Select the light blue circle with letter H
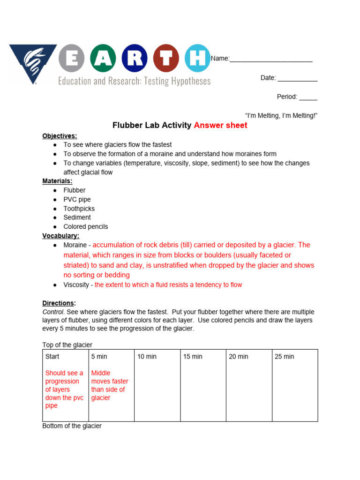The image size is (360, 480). [x=197, y=58]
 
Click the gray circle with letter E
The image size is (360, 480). [x=71, y=58]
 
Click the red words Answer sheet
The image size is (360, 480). [x=220, y=125]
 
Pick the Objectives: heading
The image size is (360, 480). [x=60, y=136]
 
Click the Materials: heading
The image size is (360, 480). [x=57, y=181]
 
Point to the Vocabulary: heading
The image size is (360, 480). [x=61, y=236]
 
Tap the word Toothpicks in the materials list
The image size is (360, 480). [x=79, y=209]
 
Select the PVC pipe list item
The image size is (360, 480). [x=77, y=200]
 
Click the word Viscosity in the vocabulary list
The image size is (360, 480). [x=76, y=285]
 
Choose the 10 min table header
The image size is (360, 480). [x=147, y=357]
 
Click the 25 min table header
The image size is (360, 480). [x=284, y=357]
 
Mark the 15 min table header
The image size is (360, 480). [x=193, y=357]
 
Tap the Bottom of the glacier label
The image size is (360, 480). [x=72, y=426]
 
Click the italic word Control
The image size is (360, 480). [x=52, y=312]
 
